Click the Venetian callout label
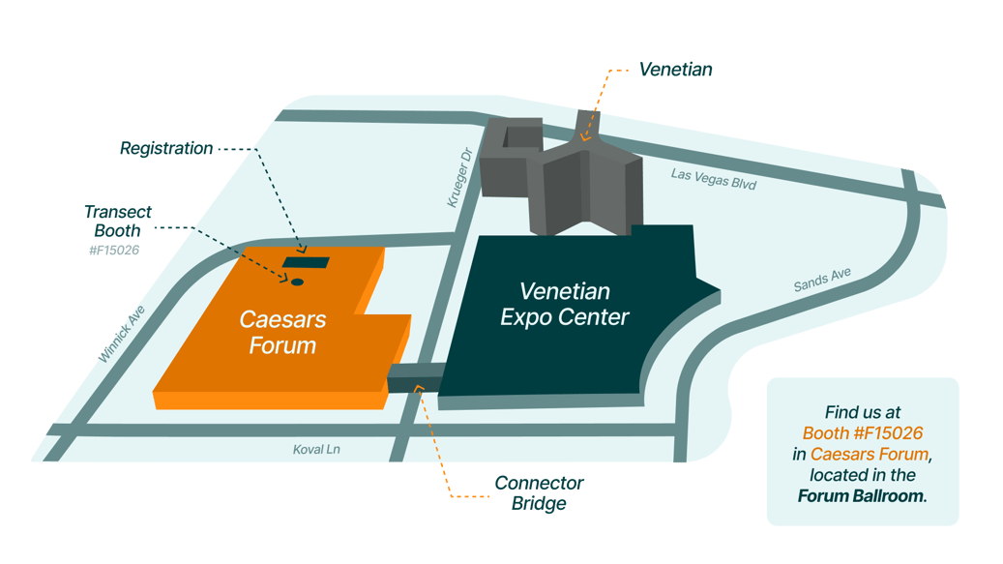point(676,70)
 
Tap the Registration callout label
point(166,149)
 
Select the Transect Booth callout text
point(117,222)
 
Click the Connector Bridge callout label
point(539,492)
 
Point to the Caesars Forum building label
point(282,332)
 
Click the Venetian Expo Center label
point(565,304)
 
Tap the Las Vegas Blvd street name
point(713,179)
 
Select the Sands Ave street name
point(822,281)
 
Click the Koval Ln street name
point(316,450)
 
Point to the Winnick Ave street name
point(122,335)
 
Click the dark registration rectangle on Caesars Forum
point(306,262)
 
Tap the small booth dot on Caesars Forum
point(298,282)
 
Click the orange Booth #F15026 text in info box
point(861,432)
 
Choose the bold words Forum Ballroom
point(862,496)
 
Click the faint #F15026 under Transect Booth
point(113,250)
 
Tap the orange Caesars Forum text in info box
point(870,454)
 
